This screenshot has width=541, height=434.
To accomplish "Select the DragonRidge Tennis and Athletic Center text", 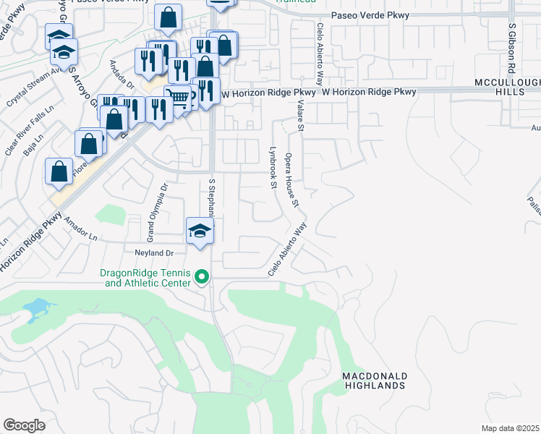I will [145, 278].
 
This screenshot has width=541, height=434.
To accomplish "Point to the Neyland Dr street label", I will [150, 252].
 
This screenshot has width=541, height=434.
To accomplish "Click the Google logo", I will [24, 425].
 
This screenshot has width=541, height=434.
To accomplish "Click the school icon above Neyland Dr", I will [200, 231].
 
